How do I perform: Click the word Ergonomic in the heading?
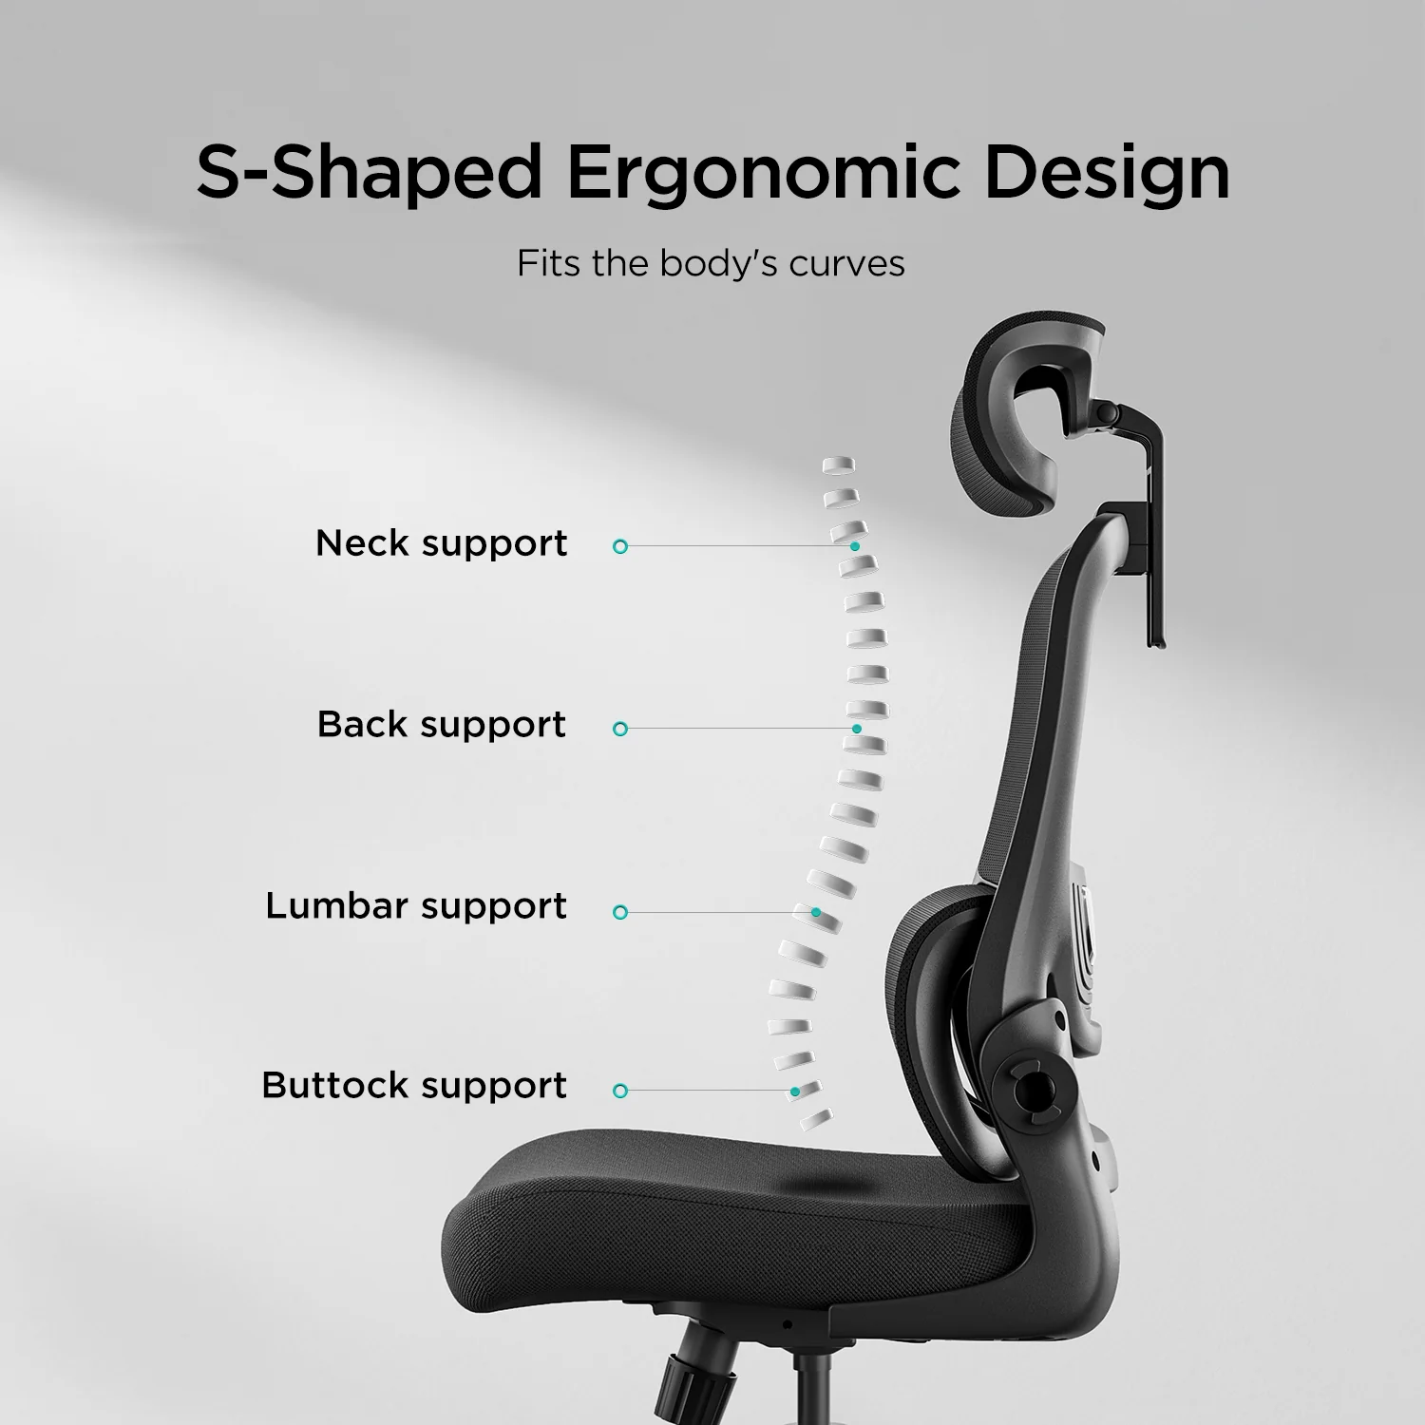(764, 173)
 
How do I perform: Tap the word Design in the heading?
(1107, 173)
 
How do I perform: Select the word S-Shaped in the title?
(369, 173)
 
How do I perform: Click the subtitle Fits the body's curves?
(711, 263)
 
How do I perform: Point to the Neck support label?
(442, 543)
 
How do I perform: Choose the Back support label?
(442, 725)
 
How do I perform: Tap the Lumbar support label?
(416, 906)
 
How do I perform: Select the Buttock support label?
(414, 1086)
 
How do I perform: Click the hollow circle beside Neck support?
(620, 547)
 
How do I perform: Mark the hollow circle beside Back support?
(620, 729)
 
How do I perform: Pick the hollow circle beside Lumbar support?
(620, 912)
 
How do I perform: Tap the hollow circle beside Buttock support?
(620, 1091)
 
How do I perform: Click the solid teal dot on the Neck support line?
(855, 547)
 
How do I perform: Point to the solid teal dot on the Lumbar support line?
(815, 912)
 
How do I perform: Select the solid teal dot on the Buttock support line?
(794, 1092)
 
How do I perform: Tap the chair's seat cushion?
(741, 1216)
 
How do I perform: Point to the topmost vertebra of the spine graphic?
(838, 465)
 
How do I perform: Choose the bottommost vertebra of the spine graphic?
(815, 1120)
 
